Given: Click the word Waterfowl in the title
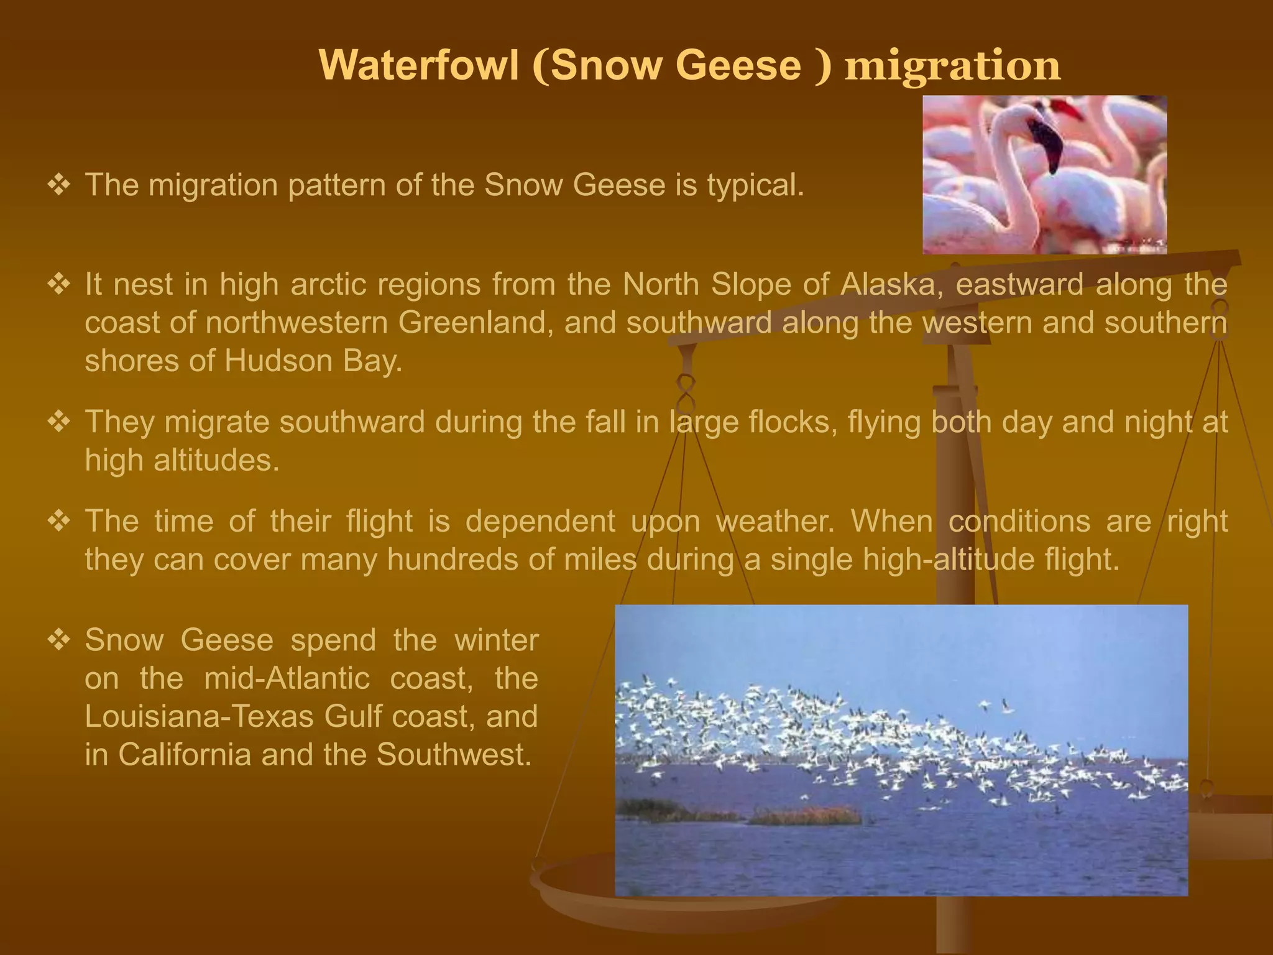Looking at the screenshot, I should [419, 65].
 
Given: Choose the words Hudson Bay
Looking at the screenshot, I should [313, 361].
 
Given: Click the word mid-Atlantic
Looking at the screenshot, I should [287, 678].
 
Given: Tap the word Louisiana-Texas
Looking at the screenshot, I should [199, 717].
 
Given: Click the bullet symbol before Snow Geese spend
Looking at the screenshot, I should [59, 639].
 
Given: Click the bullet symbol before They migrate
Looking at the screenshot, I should [59, 422].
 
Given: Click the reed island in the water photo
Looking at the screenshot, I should [805, 815].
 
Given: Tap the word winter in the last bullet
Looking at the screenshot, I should [496, 640].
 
